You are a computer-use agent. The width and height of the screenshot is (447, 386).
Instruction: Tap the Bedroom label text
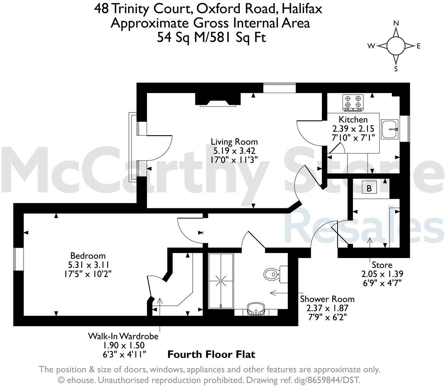point(88,256)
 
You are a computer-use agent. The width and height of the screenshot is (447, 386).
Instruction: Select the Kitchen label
point(353,119)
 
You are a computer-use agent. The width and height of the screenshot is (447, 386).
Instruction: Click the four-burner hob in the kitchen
point(353,102)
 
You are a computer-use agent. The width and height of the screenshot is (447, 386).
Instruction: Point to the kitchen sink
point(390,129)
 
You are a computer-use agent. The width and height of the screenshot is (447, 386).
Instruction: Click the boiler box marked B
point(369,188)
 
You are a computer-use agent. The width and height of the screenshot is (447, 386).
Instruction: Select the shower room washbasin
point(255,309)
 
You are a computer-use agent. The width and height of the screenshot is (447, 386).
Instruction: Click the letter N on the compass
point(396,23)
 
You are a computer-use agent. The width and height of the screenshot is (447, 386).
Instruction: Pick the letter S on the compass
point(396,69)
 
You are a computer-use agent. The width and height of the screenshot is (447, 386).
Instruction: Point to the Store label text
point(382,265)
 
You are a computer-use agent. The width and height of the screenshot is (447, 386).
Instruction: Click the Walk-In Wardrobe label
point(123,336)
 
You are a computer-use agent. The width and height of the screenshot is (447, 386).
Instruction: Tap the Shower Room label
point(327,299)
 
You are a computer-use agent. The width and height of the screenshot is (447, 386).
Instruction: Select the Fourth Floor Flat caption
point(211,354)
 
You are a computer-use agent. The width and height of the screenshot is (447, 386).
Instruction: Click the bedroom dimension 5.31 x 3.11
point(88,264)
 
